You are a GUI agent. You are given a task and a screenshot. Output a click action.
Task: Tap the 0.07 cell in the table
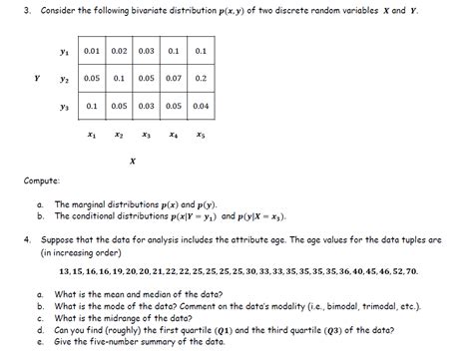point(174,77)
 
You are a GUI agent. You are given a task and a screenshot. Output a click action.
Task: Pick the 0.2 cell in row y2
point(201,77)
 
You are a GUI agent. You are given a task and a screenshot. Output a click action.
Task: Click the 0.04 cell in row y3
point(201,105)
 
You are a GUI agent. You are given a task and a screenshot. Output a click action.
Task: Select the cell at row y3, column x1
point(93,105)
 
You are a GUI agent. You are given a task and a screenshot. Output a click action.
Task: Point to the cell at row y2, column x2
point(119,77)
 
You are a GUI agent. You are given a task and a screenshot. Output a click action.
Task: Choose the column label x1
point(92,132)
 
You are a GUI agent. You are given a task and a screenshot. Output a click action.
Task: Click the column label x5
point(201,132)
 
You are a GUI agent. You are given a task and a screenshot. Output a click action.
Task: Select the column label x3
point(147,132)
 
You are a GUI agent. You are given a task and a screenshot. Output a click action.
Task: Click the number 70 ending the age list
point(412,271)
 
